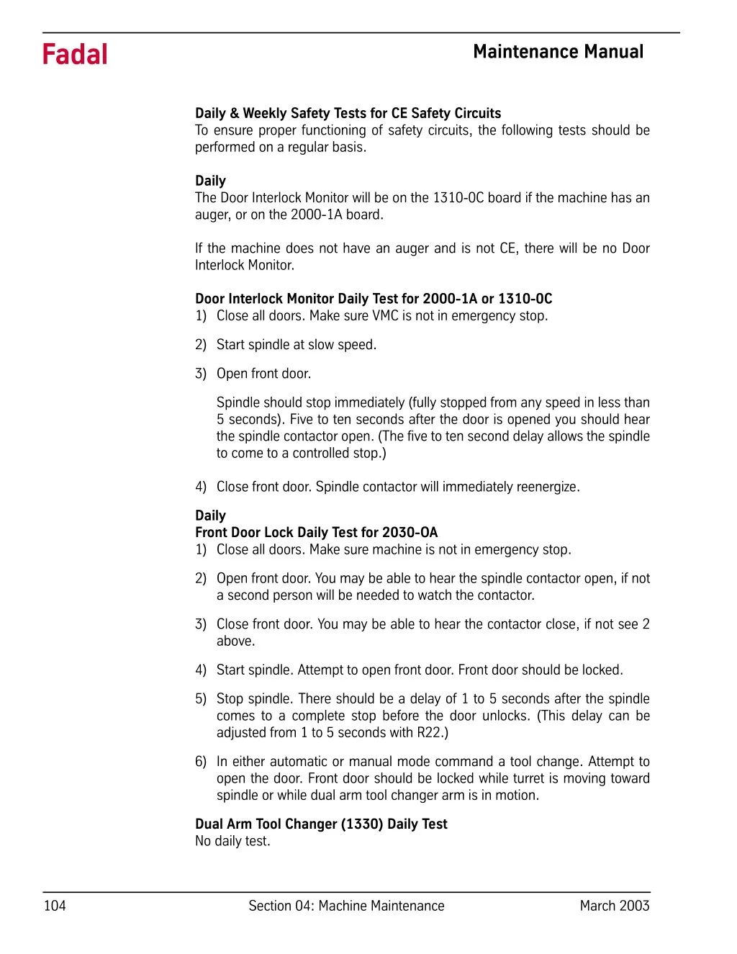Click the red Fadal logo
pos(75,55)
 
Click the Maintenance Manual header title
pos(558,52)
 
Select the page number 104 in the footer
pos(55,906)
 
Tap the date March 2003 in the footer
pos(614,906)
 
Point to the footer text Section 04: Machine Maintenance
pos(346,906)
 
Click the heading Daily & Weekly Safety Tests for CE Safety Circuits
pos(348,113)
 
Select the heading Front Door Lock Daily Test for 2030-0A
pos(316,533)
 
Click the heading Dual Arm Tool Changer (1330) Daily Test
pos(321,824)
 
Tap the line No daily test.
pos(232,841)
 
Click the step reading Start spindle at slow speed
pos(296,345)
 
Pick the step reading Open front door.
pos(263,374)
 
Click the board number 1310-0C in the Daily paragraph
pos(458,198)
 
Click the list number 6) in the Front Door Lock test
pos(201,762)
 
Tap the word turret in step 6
pos(529,778)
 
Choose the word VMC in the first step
pos(386,316)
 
